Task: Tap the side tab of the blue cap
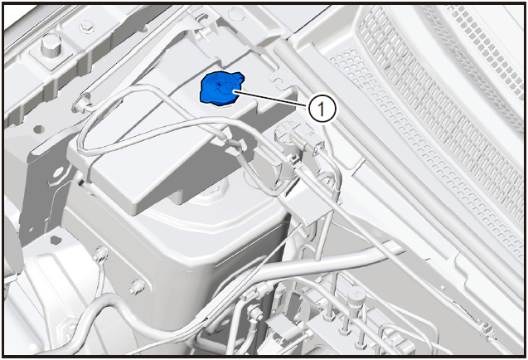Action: [x=239, y=76]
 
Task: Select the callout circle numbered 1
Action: [x=322, y=109]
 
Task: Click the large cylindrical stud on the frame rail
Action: [x=51, y=46]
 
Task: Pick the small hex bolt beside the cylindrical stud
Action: [x=87, y=27]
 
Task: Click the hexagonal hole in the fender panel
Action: [x=56, y=240]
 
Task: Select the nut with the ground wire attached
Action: [x=101, y=254]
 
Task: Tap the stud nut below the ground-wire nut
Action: [x=137, y=286]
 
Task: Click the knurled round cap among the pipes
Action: [x=357, y=295]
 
